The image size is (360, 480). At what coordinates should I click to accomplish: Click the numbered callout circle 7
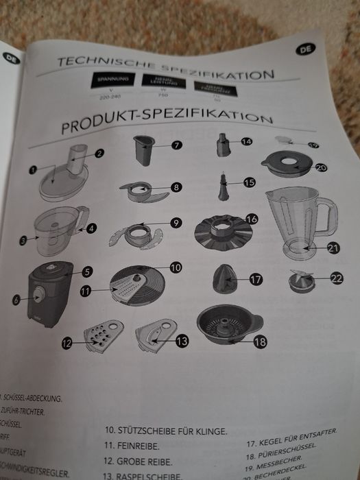pyautogui.click(x=176, y=145)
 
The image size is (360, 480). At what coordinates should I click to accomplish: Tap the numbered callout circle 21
pyautogui.click(x=333, y=248)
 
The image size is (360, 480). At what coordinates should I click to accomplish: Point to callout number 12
pyautogui.click(x=67, y=344)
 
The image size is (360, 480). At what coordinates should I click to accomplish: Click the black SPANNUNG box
pyautogui.click(x=113, y=81)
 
